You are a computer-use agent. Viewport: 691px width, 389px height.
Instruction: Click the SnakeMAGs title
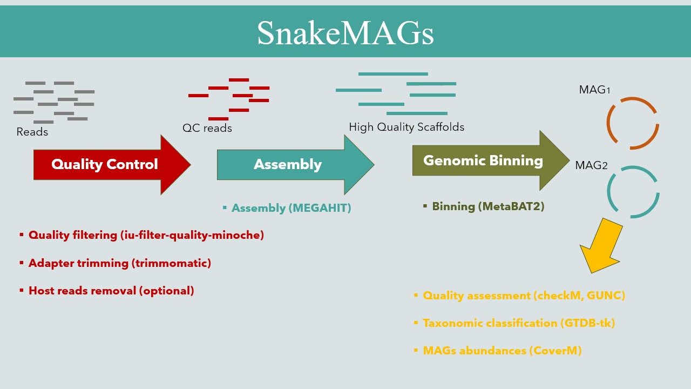coord(345,33)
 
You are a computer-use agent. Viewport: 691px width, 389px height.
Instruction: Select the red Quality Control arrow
coord(112,165)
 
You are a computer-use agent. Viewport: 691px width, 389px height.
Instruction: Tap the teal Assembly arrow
coord(295,165)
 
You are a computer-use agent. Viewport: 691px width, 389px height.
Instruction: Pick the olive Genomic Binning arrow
coord(491,160)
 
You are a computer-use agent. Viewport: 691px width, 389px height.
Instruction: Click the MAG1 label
coord(594,90)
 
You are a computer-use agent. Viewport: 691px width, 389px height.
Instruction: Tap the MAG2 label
coord(591,165)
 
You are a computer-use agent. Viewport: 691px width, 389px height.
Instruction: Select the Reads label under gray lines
coord(32,132)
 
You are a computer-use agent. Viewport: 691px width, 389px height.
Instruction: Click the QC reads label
coord(207,128)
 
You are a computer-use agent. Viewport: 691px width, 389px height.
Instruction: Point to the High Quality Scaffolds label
coord(407,127)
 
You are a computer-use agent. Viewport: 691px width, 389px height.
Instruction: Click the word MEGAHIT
coord(320,208)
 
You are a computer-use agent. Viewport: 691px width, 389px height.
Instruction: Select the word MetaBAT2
coord(511,206)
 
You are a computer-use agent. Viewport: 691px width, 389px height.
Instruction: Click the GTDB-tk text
coord(586,323)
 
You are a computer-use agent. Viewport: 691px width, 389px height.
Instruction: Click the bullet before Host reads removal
coord(21,290)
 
